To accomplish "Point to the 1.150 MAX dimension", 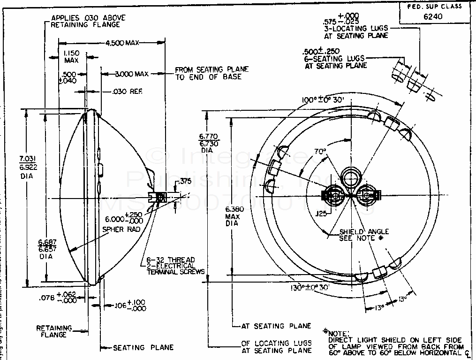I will coord(71,57).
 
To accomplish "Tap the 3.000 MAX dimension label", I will coord(128,74).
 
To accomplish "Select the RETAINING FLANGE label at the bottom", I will coord(55,331).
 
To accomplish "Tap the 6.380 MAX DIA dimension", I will coord(232,216).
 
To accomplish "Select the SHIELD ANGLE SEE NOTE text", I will coord(364,235).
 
